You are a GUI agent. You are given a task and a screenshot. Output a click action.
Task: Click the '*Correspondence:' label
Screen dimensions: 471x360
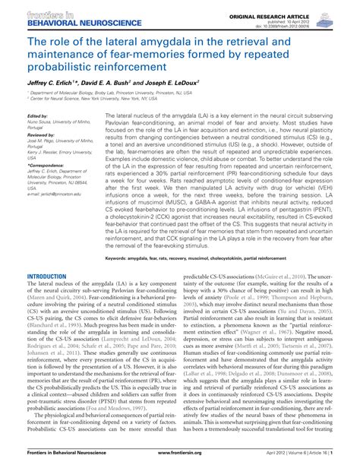click(46, 185)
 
